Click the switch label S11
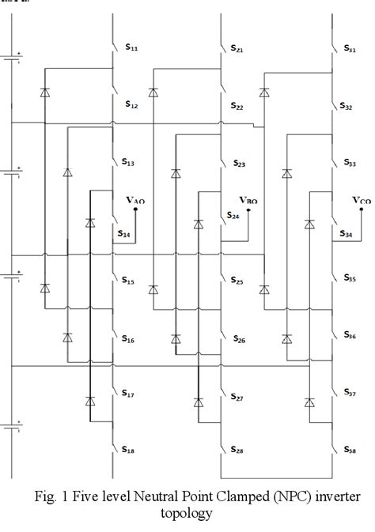point(131,48)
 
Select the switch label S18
point(127,448)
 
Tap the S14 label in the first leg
point(124,234)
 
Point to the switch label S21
point(237,49)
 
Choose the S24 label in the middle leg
point(233,215)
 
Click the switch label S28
point(237,450)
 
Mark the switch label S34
point(346,234)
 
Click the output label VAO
point(135,202)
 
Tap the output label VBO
point(248,201)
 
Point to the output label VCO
point(361,201)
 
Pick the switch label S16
point(127,339)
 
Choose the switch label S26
point(239,339)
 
